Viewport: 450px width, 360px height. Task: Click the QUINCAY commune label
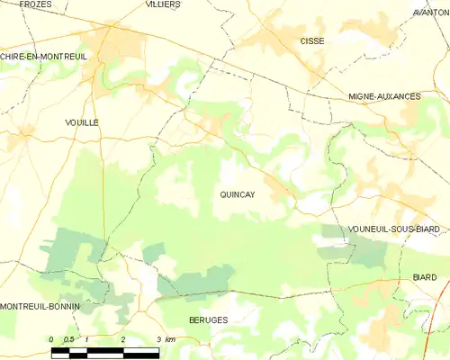pos(237,193)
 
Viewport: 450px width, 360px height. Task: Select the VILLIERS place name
pos(163,4)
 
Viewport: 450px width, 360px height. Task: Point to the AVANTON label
pos(430,13)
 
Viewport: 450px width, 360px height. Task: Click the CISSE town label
pos(312,41)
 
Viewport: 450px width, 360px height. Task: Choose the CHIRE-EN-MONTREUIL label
pos(42,56)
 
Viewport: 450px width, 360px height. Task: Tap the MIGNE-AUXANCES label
pos(384,95)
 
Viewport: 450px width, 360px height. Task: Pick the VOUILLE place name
pos(82,121)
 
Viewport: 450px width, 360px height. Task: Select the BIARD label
pos(424,278)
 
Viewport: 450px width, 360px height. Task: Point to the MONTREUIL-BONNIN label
pos(40,306)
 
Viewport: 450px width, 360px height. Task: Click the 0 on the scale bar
pos(52,339)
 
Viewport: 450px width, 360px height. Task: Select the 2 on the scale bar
pos(122,339)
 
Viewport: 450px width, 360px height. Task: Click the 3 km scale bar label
pos(165,339)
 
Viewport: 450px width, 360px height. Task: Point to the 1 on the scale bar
pos(87,339)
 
